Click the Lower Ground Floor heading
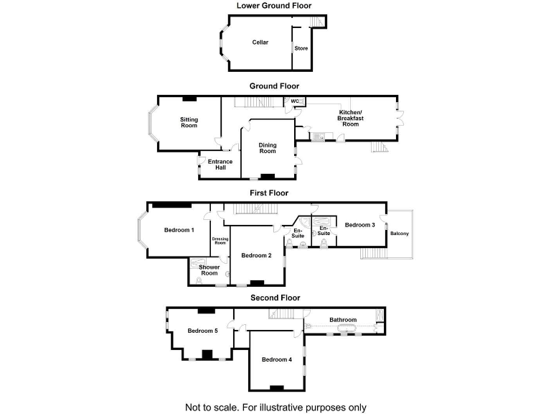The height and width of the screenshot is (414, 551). coord(275,6)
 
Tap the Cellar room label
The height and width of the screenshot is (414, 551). coord(260,42)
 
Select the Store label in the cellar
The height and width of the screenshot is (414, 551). coord(301,48)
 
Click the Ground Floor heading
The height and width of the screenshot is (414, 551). coord(275,86)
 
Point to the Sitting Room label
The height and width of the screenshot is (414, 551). coord(189,122)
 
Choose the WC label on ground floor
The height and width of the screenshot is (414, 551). coord(294,101)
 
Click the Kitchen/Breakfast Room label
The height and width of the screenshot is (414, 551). coord(349,118)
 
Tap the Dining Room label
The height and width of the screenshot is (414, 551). coord(268,147)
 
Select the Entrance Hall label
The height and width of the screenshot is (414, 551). coord(220,165)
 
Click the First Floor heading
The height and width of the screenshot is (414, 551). coord(268,193)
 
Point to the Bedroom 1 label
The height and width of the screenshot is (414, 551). coord(179,230)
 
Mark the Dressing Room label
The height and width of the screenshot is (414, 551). coord(220,241)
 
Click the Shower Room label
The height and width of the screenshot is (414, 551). coord(209,270)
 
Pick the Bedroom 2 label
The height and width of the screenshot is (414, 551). coord(256,256)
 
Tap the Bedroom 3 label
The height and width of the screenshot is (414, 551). coord(359,225)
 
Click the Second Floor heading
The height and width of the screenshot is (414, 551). coord(275,297)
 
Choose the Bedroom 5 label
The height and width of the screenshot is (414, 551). coord(202,331)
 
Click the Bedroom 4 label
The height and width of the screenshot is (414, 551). coord(276,359)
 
